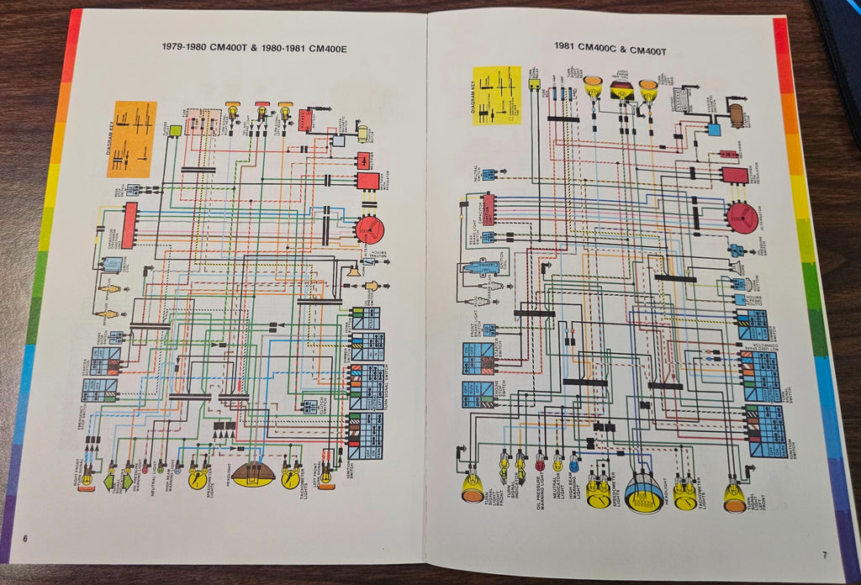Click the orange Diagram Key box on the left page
[131, 139]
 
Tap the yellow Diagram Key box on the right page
[496, 97]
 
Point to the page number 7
[824, 554]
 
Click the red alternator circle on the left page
[368, 229]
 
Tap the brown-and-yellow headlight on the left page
[253, 474]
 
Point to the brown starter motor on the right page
[737, 115]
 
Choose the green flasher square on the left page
[175, 130]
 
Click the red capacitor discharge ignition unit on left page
[129, 224]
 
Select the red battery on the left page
[304, 119]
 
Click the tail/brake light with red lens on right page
[621, 90]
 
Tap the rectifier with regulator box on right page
[734, 176]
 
